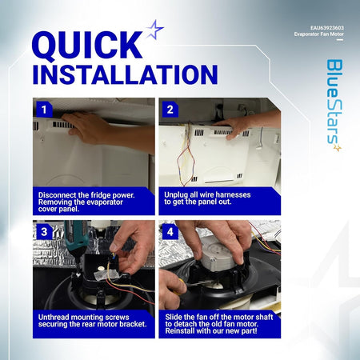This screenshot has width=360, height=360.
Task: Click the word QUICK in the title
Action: [x=87, y=46]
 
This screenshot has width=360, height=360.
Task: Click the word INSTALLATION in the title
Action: [x=125, y=74]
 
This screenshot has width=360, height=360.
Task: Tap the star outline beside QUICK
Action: [x=154, y=30]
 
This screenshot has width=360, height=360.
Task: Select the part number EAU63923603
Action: [x=327, y=28]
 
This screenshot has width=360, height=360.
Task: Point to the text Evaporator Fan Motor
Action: [x=319, y=34]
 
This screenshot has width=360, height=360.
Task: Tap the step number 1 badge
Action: [x=44, y=110]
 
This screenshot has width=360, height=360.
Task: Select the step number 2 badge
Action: [x=170, y=110]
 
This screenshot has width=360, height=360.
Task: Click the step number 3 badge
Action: [x=44, y=232]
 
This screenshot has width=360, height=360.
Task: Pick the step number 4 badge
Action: [x=170, y=232]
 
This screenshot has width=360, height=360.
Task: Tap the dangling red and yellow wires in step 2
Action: [x=185, y=154]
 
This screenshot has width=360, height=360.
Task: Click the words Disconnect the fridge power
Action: [x=86, y=195]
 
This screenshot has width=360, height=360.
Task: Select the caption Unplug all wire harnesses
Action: [x=207, y=194]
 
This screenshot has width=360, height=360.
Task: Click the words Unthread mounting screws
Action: [x=83, y=317]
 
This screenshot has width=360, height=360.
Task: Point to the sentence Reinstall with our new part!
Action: [x=211, y=331]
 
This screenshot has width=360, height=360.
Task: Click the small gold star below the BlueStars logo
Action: [x=338, y=147]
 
